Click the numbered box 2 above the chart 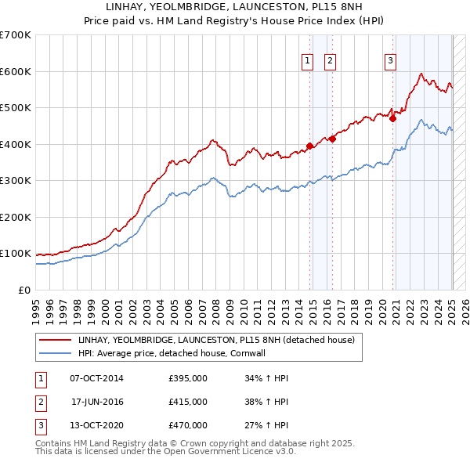(330, 61)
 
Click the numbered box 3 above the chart (390, 61)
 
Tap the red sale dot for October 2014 (309, 146)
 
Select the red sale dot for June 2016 (333, 139)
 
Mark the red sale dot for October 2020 (393, 119)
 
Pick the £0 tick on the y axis (24, 290)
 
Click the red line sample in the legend (56, 340)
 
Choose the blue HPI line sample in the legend (56, 353)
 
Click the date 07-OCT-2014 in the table (96, 379)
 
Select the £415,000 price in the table (188, 402)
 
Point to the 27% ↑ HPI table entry (266, 425)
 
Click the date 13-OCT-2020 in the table (96, 425)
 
